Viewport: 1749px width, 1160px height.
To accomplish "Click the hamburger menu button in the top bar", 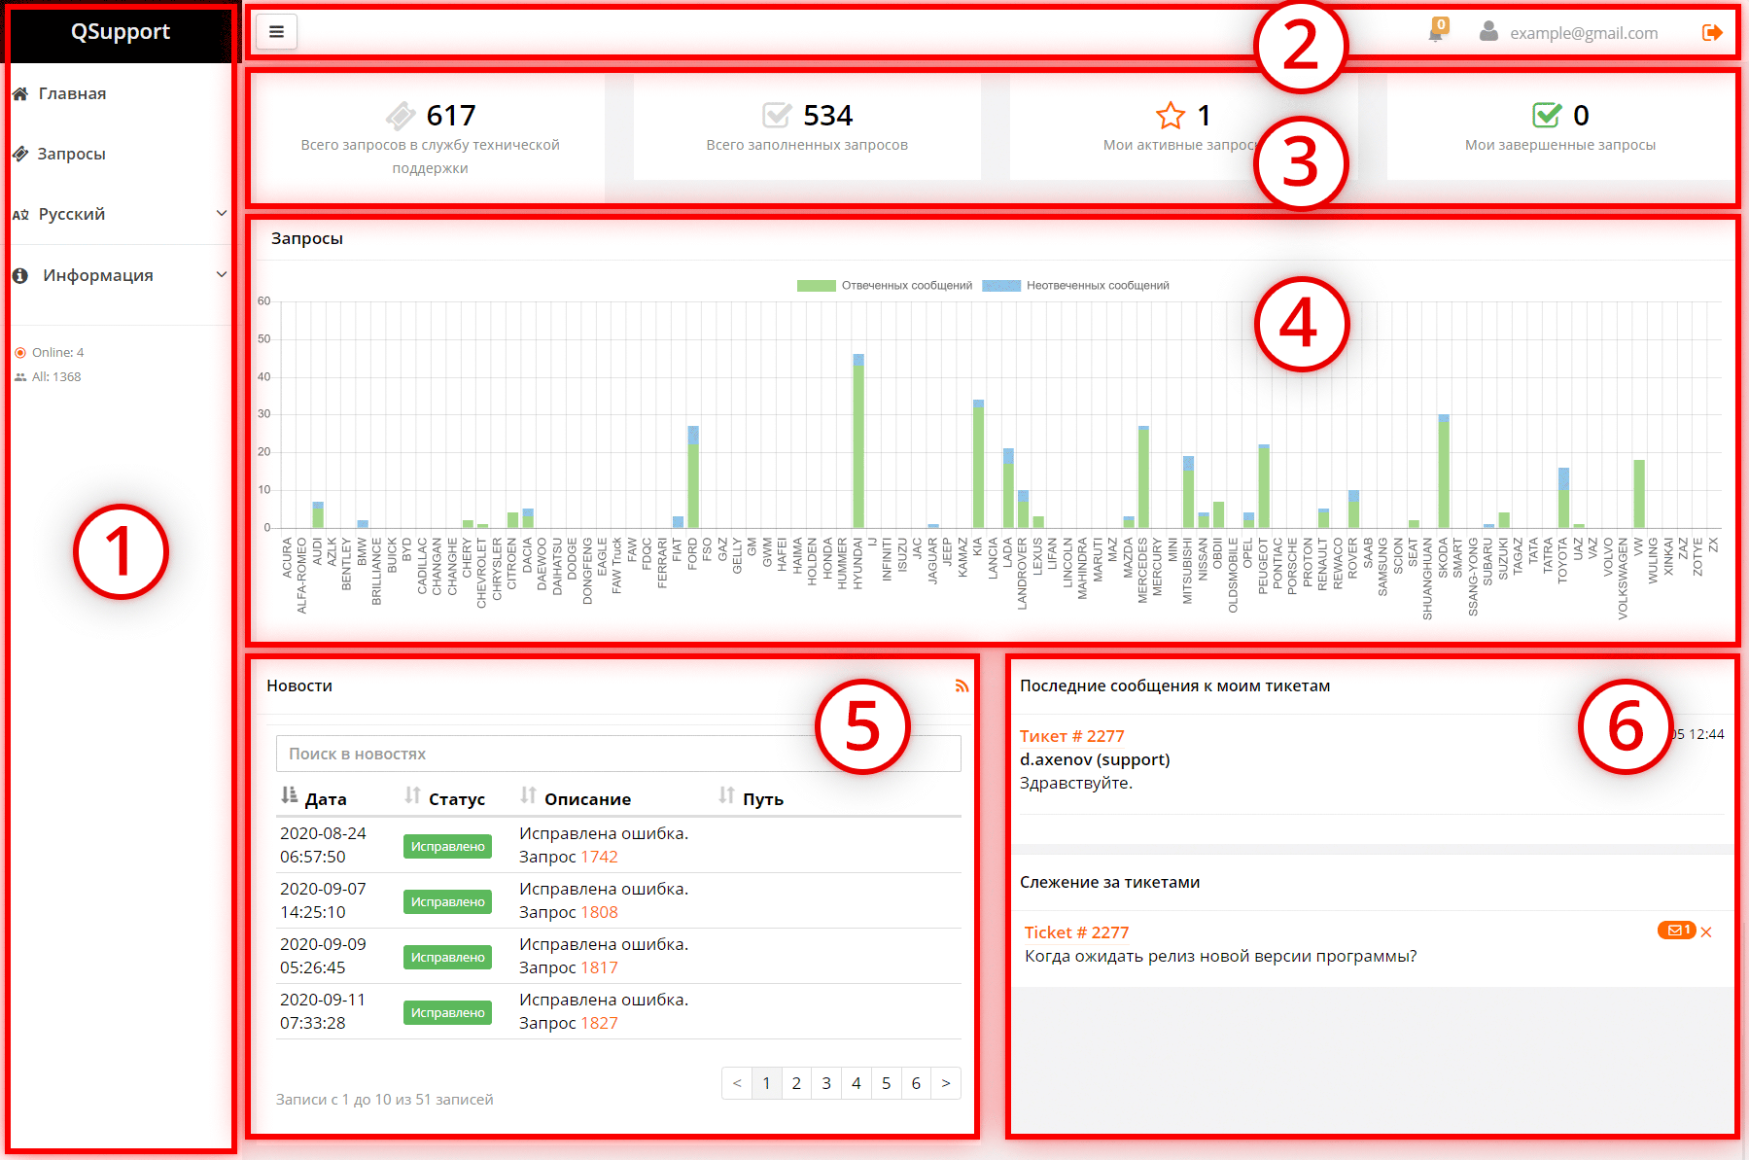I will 276,32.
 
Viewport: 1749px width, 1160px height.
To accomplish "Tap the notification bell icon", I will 1435,34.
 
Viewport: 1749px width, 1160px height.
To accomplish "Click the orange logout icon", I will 1712,33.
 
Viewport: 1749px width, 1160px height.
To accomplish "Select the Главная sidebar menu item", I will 72,93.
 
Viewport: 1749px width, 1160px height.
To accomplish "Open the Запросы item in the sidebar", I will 71,154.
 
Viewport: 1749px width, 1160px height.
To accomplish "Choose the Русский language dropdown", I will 119,214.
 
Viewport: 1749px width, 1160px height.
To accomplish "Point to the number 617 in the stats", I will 451,116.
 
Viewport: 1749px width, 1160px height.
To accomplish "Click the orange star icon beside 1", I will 1171,116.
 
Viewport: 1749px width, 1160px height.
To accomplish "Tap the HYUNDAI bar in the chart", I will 858,442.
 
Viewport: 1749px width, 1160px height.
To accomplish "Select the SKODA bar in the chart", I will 1444,473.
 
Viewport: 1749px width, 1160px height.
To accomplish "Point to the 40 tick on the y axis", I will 264,377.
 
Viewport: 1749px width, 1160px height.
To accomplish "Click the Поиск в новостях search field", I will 544,754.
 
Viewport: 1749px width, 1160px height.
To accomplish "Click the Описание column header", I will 587,799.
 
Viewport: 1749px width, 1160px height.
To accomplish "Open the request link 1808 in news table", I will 599,912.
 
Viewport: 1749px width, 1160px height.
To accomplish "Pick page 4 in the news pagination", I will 856,1083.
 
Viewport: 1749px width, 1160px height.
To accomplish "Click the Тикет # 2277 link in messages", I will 1071,736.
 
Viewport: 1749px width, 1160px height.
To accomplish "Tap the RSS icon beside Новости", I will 962,686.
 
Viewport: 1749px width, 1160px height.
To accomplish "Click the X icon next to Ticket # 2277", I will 1706,932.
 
